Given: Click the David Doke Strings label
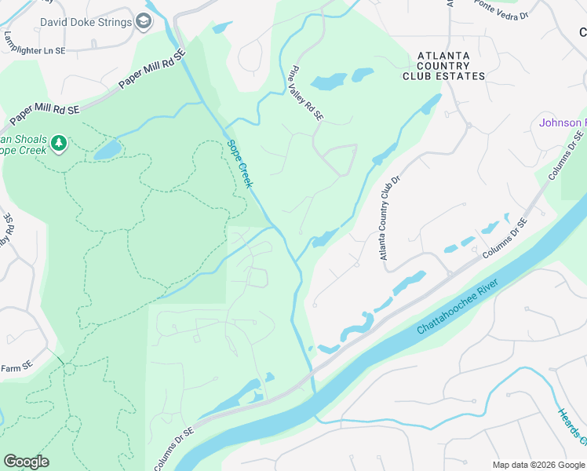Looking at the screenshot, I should tap(86, 22).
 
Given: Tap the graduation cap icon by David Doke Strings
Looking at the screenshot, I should tap(143, 21).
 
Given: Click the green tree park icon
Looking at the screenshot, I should tap(58, 143).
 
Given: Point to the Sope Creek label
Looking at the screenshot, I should tap(240, 163).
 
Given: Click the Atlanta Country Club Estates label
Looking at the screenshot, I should tap(444, 66).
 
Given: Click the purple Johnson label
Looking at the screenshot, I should tap(562, 123).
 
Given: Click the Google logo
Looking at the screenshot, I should tap(26, 462).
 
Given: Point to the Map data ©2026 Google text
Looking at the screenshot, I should tap(538, 465).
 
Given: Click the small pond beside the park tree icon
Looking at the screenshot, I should tap(108, 149).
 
